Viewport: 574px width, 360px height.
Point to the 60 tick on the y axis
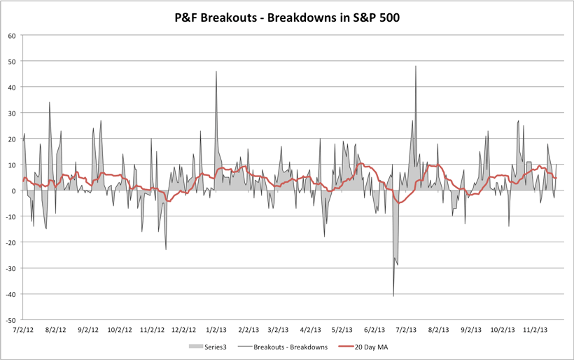coord(13,36)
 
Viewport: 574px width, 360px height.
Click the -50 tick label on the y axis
coord(11,319)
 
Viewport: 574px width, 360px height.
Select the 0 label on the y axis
coord(15,191)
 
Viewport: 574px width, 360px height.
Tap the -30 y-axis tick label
coord(11,268)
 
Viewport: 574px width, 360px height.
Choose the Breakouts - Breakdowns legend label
coord(289,347)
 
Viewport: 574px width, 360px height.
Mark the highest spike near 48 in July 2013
coord(416,67)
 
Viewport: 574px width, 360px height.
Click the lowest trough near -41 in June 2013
coord(393,296)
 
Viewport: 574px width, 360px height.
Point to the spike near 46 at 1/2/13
coord(216,71)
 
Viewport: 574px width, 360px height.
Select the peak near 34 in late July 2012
coord(50,103)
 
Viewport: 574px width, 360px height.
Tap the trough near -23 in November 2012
coord(166,249)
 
